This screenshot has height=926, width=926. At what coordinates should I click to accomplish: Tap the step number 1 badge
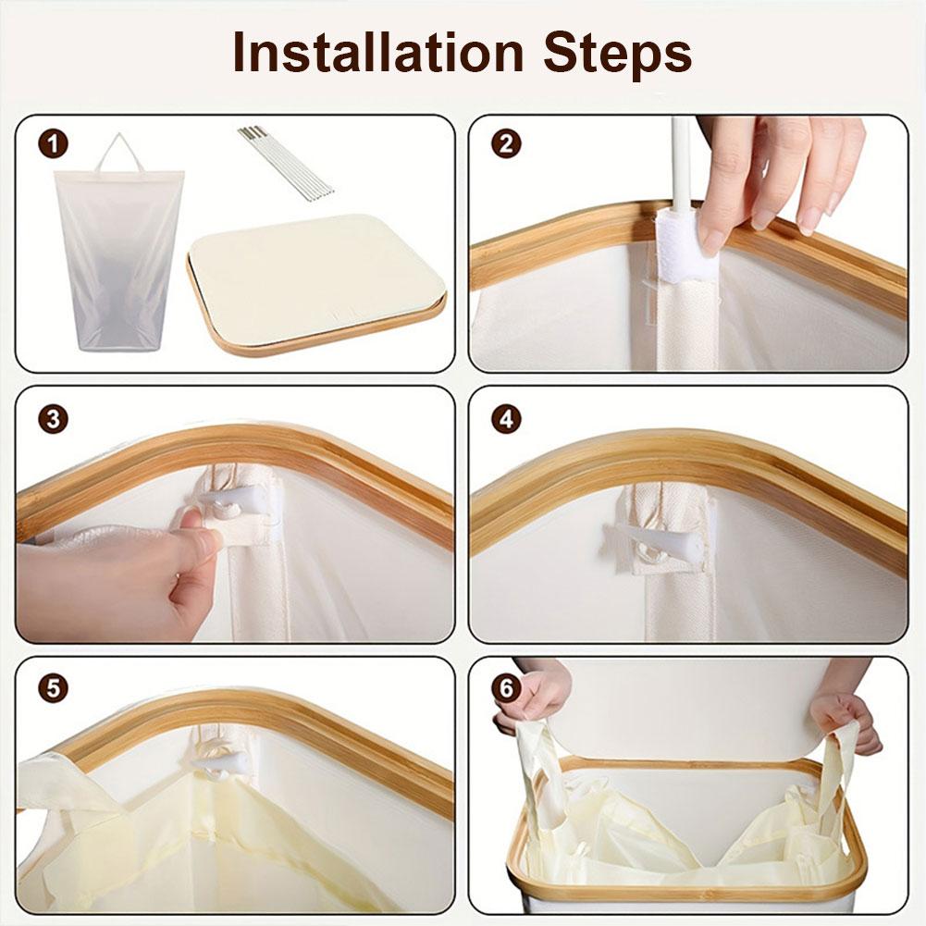[54, 144]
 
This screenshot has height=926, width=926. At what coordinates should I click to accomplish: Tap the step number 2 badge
[506, 144]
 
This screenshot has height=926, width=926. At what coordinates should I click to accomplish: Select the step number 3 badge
[54, 417]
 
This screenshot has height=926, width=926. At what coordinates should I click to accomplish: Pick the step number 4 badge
[506, 417]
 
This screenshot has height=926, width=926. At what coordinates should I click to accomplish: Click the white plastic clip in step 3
[227, 505]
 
